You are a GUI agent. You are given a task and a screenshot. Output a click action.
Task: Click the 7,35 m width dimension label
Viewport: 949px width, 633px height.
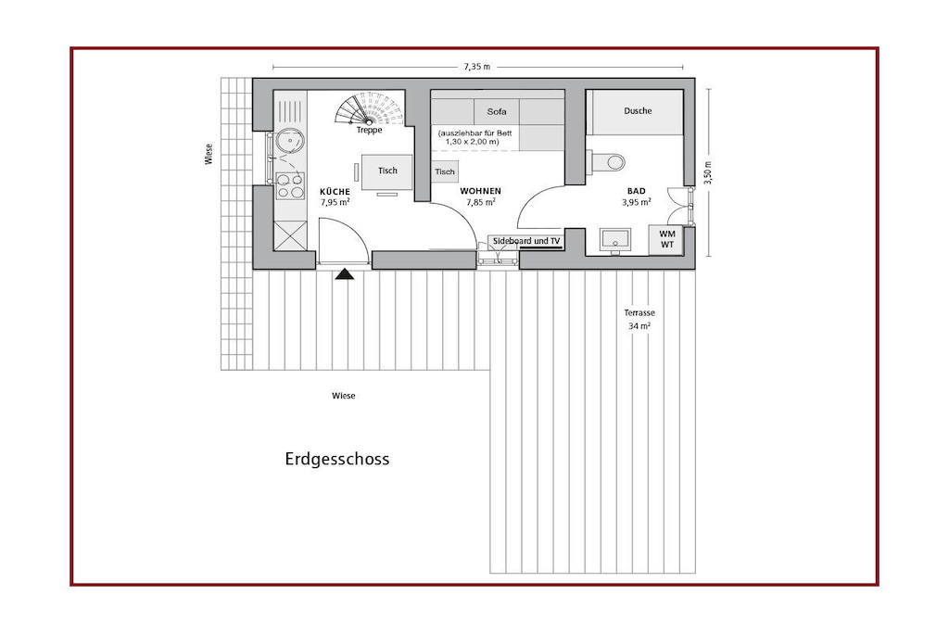477,67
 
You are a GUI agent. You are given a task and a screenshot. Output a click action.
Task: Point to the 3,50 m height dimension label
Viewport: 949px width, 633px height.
708,171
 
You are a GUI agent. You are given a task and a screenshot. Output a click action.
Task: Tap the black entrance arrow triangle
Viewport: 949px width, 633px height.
345,274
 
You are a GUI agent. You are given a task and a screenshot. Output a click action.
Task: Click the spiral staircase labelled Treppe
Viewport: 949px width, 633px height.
369,109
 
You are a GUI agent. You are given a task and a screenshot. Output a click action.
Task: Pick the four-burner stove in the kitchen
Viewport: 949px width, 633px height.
290,186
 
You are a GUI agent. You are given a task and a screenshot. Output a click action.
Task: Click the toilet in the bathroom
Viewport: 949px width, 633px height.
608,161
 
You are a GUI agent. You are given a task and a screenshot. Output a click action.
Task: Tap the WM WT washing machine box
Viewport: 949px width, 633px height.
666,239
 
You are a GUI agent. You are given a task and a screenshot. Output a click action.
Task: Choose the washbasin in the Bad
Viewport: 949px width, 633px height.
615,240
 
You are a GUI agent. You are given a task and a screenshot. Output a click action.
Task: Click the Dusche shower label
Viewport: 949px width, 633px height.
638,110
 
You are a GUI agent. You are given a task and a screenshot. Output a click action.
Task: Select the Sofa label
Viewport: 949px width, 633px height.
497,111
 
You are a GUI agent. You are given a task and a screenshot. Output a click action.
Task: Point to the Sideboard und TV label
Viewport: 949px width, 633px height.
526,241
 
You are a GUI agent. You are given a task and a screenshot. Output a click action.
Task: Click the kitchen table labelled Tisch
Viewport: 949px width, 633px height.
387,172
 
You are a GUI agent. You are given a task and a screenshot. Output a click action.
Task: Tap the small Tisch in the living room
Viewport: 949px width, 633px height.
445,171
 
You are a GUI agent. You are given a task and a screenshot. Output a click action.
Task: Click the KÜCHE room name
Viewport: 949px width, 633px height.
335,191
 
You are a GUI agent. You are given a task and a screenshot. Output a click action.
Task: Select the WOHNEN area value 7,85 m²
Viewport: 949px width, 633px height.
481,202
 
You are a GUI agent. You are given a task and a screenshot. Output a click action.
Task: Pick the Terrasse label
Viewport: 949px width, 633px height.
639,313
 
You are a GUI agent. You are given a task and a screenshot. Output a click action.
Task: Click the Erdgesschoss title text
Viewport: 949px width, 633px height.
337,460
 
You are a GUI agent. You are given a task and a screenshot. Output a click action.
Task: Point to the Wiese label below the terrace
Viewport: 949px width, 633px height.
344,396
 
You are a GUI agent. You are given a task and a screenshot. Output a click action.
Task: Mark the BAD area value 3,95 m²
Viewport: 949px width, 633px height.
636,202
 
